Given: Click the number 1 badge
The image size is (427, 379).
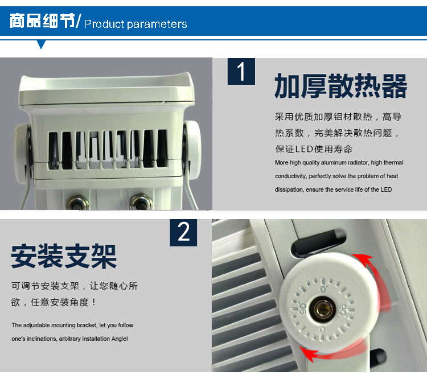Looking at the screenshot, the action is click(241, 71).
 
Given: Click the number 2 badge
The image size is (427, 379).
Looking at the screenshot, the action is click(183, 233).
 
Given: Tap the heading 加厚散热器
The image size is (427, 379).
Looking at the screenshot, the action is click(340, 85).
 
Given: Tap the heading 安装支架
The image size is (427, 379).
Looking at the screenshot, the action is click(64, 256).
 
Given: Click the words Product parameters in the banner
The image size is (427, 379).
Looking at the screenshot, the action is click(136, 24).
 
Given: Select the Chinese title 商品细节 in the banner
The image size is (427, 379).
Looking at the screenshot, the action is click(43, 20).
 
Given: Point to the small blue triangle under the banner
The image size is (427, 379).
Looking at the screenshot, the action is click(41, 44).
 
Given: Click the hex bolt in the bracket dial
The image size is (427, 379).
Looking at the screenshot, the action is click(323, 309).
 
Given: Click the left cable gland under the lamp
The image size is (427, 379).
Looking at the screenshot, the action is click(78, 203).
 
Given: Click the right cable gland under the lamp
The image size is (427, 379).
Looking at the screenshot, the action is click(141, 202).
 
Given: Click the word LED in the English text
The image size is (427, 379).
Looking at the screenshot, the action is click(386, 189).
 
